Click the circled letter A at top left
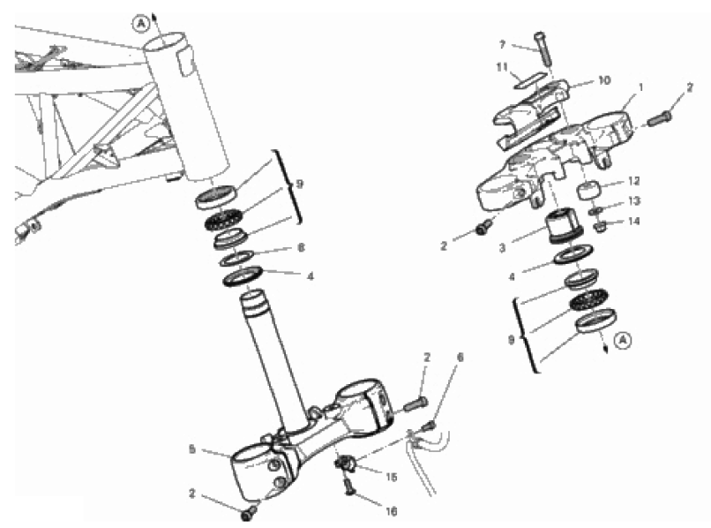(x=141, y=24)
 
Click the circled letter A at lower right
(x=625, y=340)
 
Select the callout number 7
(x=502, y=45)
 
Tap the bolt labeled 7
(x=543, y=49)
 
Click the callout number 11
(x=502, y=67)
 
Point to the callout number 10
(x=605, y=80)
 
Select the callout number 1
(x=640, y=87)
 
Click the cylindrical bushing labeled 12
(x=589, y=190)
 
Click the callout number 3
(x=502, y=248)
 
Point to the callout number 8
(x=301, y=247)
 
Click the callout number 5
(x=191, y=449)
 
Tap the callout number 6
(x=460, y=358)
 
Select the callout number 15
(x=392, y=477)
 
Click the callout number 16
(x=392, y=511)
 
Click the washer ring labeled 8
(x=236, y=258)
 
